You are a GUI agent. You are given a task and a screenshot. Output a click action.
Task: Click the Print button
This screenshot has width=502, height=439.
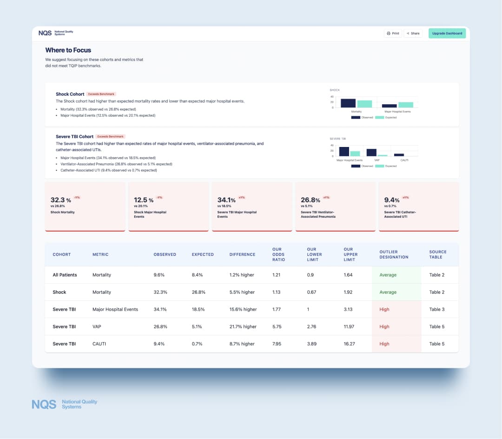393,33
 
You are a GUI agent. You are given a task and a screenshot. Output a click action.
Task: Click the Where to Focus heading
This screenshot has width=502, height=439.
68,50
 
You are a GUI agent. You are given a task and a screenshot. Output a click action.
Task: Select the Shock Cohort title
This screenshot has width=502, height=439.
70,94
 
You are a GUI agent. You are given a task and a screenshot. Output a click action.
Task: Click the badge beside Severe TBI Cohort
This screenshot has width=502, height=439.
110,137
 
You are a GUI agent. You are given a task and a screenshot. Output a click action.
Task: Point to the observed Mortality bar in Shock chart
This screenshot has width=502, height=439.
348,103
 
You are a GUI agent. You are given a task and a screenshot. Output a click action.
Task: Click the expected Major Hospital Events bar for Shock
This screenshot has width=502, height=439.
405,105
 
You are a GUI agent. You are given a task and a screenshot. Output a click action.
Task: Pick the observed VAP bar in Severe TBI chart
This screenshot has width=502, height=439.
371,153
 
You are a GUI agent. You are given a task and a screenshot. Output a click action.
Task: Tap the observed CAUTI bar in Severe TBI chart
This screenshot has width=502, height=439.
399,155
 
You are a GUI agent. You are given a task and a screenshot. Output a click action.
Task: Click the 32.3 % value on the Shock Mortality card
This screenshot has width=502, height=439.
60,200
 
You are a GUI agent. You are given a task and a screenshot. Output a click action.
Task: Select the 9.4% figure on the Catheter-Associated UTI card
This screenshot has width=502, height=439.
392,200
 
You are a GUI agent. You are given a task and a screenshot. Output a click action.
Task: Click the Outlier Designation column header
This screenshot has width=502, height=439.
394,254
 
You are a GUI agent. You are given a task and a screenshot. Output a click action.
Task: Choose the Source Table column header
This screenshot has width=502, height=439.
437,254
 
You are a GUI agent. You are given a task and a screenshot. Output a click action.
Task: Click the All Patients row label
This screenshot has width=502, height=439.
65,275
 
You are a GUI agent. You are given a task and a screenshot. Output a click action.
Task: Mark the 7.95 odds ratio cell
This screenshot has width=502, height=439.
277,344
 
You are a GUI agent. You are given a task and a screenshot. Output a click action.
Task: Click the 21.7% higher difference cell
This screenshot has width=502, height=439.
243,327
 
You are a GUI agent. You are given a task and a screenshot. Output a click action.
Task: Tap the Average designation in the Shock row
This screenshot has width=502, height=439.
388,293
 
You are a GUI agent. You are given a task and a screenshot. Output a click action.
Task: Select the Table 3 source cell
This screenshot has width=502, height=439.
436,310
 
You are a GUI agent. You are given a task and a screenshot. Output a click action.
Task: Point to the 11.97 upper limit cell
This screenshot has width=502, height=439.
349,327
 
